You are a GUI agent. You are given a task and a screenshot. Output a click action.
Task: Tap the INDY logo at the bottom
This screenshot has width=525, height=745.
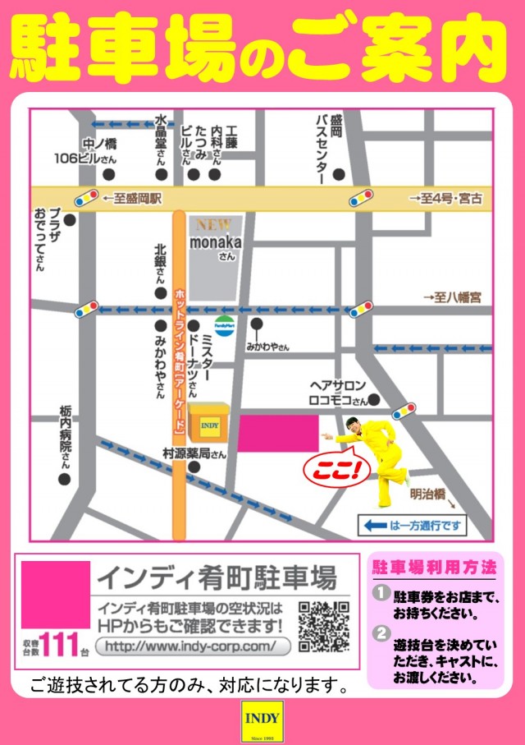tap(262, 720)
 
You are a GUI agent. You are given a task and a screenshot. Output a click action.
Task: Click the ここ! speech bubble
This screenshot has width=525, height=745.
tap(336, 471)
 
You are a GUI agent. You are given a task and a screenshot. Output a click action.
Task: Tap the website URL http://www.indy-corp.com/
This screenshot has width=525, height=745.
tap(193, 646)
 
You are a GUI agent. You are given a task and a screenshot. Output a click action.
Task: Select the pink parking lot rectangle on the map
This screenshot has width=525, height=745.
tap(277, 433)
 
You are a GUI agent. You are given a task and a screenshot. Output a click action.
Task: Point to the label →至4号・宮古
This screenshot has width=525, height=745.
tap(446, 198)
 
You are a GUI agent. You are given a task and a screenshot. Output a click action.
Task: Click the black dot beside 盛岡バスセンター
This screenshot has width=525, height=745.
tap(338, 174)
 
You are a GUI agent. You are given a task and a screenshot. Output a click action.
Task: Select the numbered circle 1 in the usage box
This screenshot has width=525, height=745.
tap(380, 591)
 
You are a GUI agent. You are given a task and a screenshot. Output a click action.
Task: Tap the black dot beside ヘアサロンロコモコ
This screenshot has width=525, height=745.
tap(374, 401)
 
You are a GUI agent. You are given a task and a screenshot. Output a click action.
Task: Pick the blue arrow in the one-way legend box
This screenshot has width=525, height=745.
tap(376, 524)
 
